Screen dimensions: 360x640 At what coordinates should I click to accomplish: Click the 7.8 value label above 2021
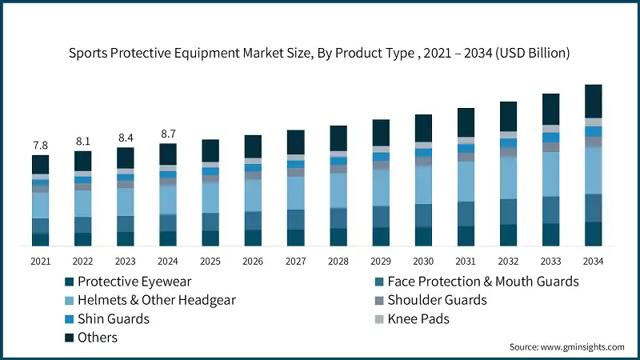[40, 145]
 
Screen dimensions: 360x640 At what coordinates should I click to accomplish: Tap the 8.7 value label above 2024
[168, 134]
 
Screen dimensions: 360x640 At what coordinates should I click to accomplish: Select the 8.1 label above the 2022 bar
[82, 141]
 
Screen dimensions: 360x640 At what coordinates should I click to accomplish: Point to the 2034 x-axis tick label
[593, 261]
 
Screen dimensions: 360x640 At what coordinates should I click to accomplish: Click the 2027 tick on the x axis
[295, 261]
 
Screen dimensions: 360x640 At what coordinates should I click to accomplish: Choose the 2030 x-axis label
[423, 261]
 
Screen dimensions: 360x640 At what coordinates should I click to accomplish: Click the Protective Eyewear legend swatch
[70, 282]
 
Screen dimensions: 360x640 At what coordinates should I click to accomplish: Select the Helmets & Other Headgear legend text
[157, 300]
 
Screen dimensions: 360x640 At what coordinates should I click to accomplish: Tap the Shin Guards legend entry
[113, 318]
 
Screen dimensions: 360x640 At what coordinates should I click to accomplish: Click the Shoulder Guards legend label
[437, 300]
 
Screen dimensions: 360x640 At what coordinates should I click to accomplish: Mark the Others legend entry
[98, 337]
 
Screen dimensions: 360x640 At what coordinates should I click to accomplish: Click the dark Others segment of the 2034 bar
[593, 101]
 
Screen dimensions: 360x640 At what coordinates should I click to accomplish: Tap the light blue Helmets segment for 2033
[550, 174]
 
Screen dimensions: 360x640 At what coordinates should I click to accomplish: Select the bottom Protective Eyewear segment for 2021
[40, 239]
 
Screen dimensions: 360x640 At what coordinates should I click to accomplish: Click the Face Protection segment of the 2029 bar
[381, 216]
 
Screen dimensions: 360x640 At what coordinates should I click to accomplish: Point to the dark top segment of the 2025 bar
[210, 150]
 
